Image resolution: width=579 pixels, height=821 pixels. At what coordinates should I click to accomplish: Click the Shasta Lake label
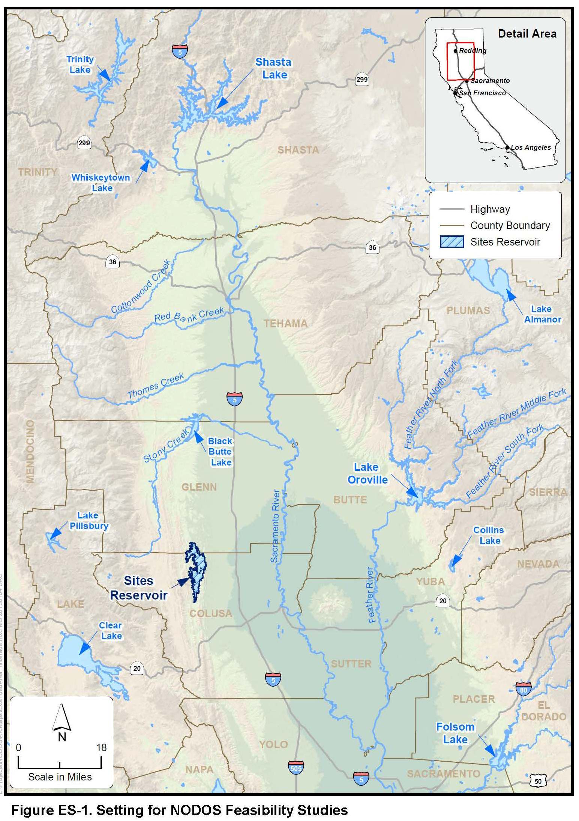click(x=273, y=68)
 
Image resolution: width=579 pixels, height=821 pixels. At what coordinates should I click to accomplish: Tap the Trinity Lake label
click(x=80, y=65)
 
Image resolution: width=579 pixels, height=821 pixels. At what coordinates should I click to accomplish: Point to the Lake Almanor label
click(x=542, y=314)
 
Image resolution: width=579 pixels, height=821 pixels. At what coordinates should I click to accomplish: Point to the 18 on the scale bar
click(x=101, y=747)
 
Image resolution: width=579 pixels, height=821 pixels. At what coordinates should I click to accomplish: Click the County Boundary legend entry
click(x=510, y=225)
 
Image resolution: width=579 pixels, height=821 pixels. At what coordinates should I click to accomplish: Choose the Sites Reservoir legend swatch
click(x=452, y=242)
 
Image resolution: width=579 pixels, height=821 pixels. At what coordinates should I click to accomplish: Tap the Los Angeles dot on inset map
click(x=507, y=148)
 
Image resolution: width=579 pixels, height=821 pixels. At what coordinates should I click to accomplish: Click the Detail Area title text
click(x=527, y=34)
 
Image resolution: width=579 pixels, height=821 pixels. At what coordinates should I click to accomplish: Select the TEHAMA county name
click(x=285, y=324)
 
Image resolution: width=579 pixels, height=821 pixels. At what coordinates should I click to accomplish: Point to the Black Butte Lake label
click(x=220, y=452)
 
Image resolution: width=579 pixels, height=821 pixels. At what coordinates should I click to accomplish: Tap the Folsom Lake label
click(x=455, y=733)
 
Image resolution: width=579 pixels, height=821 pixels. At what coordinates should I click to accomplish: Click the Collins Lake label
click(x=489, y=535)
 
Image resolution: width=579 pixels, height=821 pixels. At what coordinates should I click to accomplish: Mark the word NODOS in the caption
click(x=195, y=810)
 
